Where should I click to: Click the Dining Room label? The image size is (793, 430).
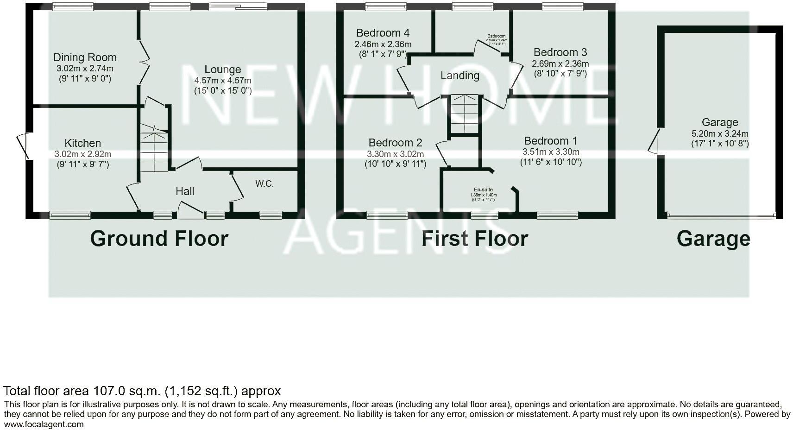point(85,57)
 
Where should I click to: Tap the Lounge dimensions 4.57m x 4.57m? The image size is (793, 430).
point(223,80)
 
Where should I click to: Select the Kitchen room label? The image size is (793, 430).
point(82,143)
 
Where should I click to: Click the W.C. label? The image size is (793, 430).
point(264,184)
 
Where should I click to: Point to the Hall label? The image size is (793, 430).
point(185,191)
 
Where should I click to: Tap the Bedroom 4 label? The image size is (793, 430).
point(383,33)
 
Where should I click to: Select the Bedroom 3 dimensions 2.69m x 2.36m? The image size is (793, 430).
point(560,63)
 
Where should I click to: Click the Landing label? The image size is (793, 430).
point(459,76)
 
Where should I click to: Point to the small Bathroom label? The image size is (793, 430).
point(496,36)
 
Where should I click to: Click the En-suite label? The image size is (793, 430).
point(483,190)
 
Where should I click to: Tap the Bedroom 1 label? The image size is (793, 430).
point(550,141)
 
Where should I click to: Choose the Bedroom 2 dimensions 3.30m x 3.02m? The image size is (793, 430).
point(395,154)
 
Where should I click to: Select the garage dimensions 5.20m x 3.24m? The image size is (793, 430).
point(719,133)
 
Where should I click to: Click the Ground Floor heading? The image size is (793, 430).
point(159,239)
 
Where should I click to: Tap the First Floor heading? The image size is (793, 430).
point(475,239)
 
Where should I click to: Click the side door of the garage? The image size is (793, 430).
point(654,140)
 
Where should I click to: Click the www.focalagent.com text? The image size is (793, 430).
point(44,424)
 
